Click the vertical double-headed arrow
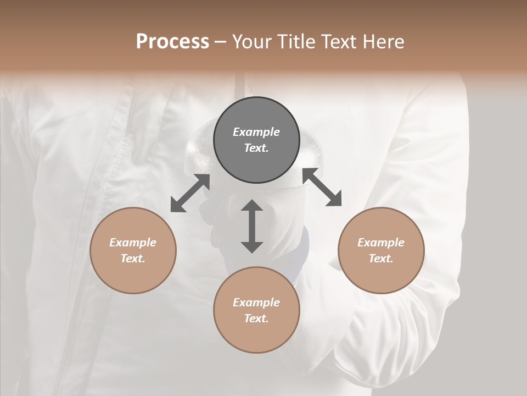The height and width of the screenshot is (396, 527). click(x=252, y=227)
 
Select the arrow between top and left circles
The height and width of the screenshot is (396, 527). click(x=190, y=193)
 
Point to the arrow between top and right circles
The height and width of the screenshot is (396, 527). click(x=322, y=187)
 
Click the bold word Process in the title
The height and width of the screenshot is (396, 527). click(x=172, y=41)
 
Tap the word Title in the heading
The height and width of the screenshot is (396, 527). click(x=295, y=41)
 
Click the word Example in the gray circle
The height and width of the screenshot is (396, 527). click(x=256, y=132)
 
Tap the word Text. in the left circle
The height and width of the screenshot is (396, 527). click(x=133, y=258)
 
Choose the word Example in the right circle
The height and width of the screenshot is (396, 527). click(x=381, y=243)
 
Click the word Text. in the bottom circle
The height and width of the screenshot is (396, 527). click(x=256, y=318)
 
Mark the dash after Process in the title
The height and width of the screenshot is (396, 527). click(x=221, y=42)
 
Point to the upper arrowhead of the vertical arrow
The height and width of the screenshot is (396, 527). click(x=252, y=206)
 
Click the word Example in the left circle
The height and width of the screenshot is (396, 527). click(x=133, y=243)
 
